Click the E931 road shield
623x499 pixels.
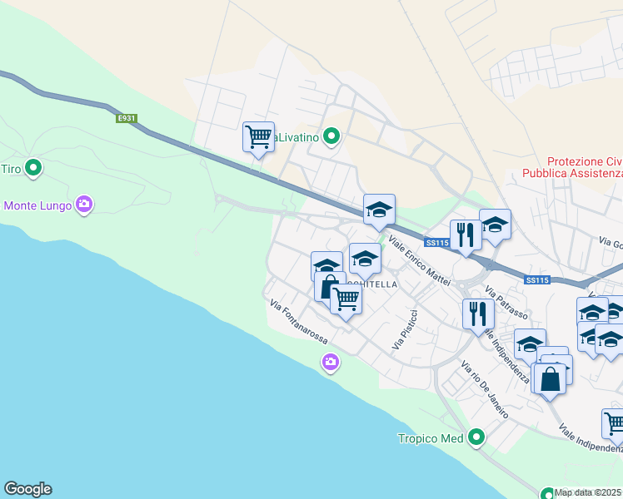pos(127,119)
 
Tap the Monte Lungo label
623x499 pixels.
pos(37,205)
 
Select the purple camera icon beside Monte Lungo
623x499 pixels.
pos(83,204)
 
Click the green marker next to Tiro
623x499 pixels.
pos(33,169)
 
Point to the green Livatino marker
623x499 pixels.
pos(331,136)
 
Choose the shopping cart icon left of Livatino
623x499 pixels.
pos(258,137)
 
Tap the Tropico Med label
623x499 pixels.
pos(430,438)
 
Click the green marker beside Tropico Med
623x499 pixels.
pos(476,437)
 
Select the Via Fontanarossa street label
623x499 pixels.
pos(299,324)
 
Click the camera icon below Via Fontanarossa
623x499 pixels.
pos(331,362)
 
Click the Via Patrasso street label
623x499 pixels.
pos(506,304)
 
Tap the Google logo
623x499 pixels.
pos(27,489)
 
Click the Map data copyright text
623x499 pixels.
pos(588,492)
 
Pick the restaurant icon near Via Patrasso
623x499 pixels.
pos(477,314)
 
